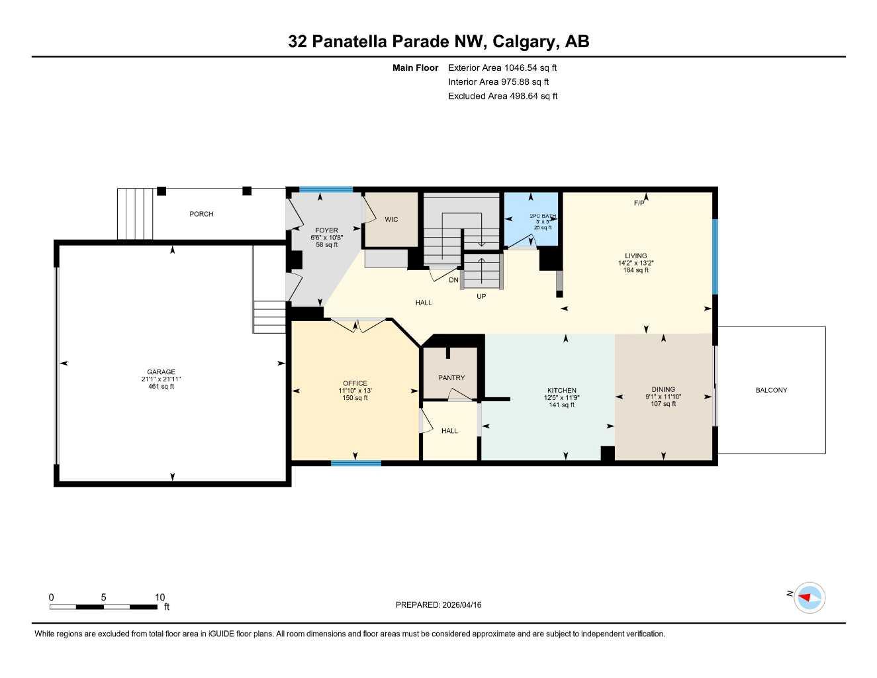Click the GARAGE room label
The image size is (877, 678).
(161, 372)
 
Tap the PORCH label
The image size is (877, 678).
(201, 214)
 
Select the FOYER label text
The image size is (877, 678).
(326, 230)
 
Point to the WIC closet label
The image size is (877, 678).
(391, 220)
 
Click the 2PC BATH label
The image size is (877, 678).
(543, 216)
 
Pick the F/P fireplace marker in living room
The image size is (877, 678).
(639, 203)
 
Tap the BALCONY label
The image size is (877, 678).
(771, 390)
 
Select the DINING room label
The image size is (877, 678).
(663, 390)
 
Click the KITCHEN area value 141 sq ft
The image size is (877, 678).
(561, 405)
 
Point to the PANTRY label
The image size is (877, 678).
(451, 378)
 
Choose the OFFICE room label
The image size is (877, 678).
(355, 383)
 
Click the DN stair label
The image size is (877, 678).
(453, 281)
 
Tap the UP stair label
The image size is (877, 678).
(481, 297)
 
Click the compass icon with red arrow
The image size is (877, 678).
(809, 598)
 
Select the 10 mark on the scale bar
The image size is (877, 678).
(160, 597)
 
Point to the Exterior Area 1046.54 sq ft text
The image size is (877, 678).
(502, 68)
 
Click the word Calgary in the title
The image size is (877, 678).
(523, 42)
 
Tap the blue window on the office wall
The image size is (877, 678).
(356, 463)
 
